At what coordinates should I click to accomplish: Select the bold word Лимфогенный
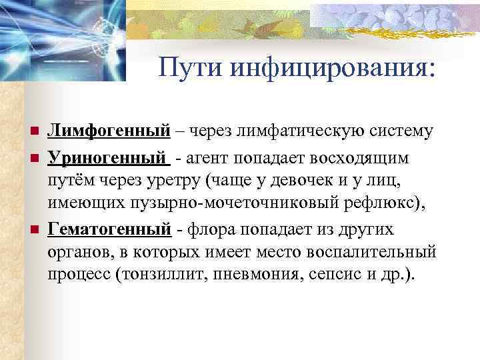(x=108, y=131)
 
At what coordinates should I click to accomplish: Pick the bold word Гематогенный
(x=109, y=229)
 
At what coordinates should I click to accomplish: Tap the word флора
(x=212, y=229)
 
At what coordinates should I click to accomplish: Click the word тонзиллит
(x=168, y=275)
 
